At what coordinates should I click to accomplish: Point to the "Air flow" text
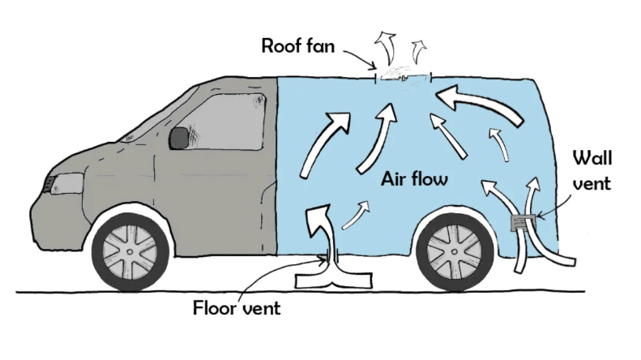pyautogui.click(x=413, y=178)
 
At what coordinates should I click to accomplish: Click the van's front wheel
pyautogui.click(x=130, y=251)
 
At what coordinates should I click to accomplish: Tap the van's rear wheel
pyautogui.click(x=453, y=248)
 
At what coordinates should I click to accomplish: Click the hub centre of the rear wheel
pyautogui.click(x=453, y=249)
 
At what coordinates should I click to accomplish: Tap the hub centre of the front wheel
pyautogui.click(x=130, y=252)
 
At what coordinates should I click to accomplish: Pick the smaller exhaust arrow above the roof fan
pyautogui.click(x=419, y=50)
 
